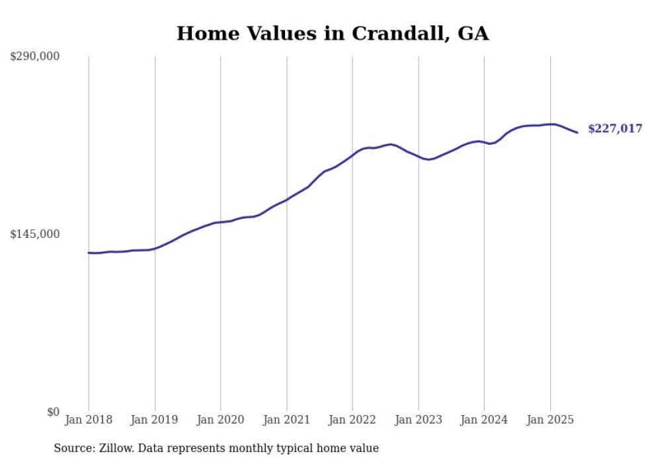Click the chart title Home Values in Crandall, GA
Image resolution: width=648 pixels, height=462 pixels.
click(333, 34)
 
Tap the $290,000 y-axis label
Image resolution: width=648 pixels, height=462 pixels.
click(34, 57)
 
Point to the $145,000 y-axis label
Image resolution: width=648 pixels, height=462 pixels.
click(34, 234)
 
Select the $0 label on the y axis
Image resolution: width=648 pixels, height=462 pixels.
click(53, 412)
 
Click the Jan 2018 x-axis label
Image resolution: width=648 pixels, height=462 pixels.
click(89, 420)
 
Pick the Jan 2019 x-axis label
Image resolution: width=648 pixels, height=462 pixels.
click(155, 420)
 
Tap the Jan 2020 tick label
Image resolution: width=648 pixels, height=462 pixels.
click(221, 420)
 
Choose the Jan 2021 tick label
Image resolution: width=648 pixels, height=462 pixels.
click(286, 420)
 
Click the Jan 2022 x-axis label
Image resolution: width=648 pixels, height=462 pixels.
click(352, 420)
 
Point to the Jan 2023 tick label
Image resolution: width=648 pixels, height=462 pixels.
click(419, 420)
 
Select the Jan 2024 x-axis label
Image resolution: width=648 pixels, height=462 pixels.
click(484, 420)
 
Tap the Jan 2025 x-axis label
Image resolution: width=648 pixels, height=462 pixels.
click(550, 420)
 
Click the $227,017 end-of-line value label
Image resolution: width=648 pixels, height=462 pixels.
click(615, 129)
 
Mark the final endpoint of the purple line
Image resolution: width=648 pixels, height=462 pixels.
click(577, 133)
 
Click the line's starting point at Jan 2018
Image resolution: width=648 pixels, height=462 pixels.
click(89, 252)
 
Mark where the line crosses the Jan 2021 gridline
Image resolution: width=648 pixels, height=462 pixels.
click(286, 200)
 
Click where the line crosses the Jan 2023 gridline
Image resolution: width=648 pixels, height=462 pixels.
click(419, 157)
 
